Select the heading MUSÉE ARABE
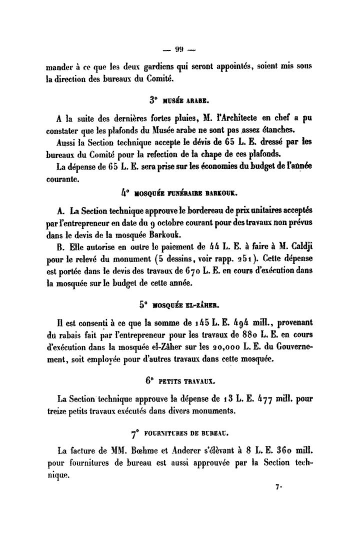[x=187, y=99]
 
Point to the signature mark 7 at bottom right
[x=277, y=485]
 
